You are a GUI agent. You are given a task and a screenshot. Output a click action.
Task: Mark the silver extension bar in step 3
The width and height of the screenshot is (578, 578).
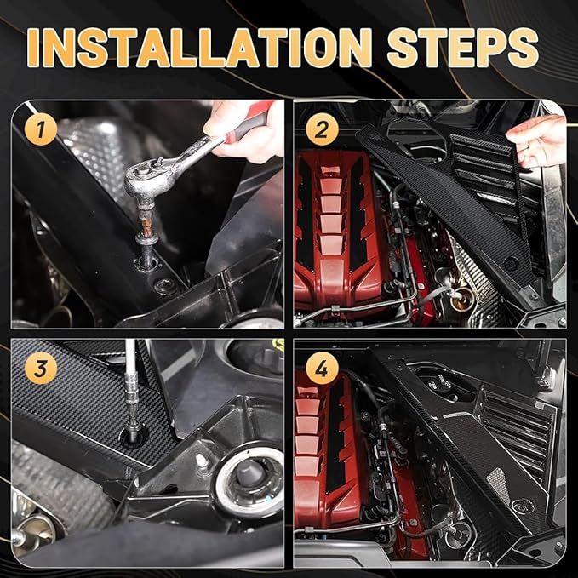coord(132,375)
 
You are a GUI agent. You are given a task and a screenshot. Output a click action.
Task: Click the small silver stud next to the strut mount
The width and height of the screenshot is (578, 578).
coord(202,461)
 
